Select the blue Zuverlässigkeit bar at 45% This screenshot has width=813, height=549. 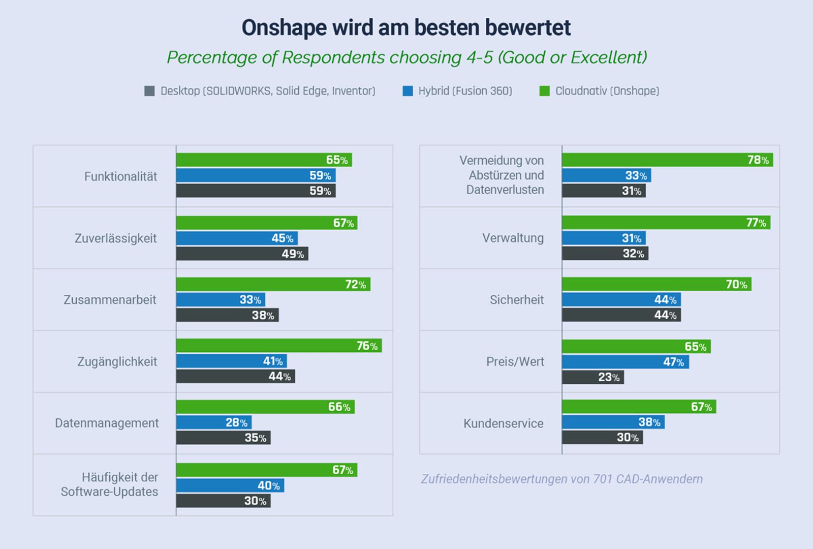point(237,238)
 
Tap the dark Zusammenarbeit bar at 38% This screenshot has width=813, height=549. point(227,315)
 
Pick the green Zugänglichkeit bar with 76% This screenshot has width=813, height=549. point(278,346)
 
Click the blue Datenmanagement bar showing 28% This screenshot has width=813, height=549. point(213,422)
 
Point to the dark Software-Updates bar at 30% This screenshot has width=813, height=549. point(223,501)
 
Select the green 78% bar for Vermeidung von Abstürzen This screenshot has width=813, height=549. point(667,160)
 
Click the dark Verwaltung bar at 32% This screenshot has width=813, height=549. point(605,253)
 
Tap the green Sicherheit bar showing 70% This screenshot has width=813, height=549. point(656,284)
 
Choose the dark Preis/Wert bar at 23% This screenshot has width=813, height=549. point(592,377)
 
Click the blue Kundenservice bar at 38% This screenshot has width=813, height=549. point(613,422)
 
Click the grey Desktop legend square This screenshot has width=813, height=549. point(149,91)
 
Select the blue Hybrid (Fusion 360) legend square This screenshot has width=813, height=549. point(408,91)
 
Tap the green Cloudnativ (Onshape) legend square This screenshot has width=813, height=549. point(544,91)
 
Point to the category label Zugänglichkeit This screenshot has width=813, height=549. point(117,361)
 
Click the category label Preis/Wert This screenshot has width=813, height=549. point(515,361)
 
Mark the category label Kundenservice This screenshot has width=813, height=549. point(503,423)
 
